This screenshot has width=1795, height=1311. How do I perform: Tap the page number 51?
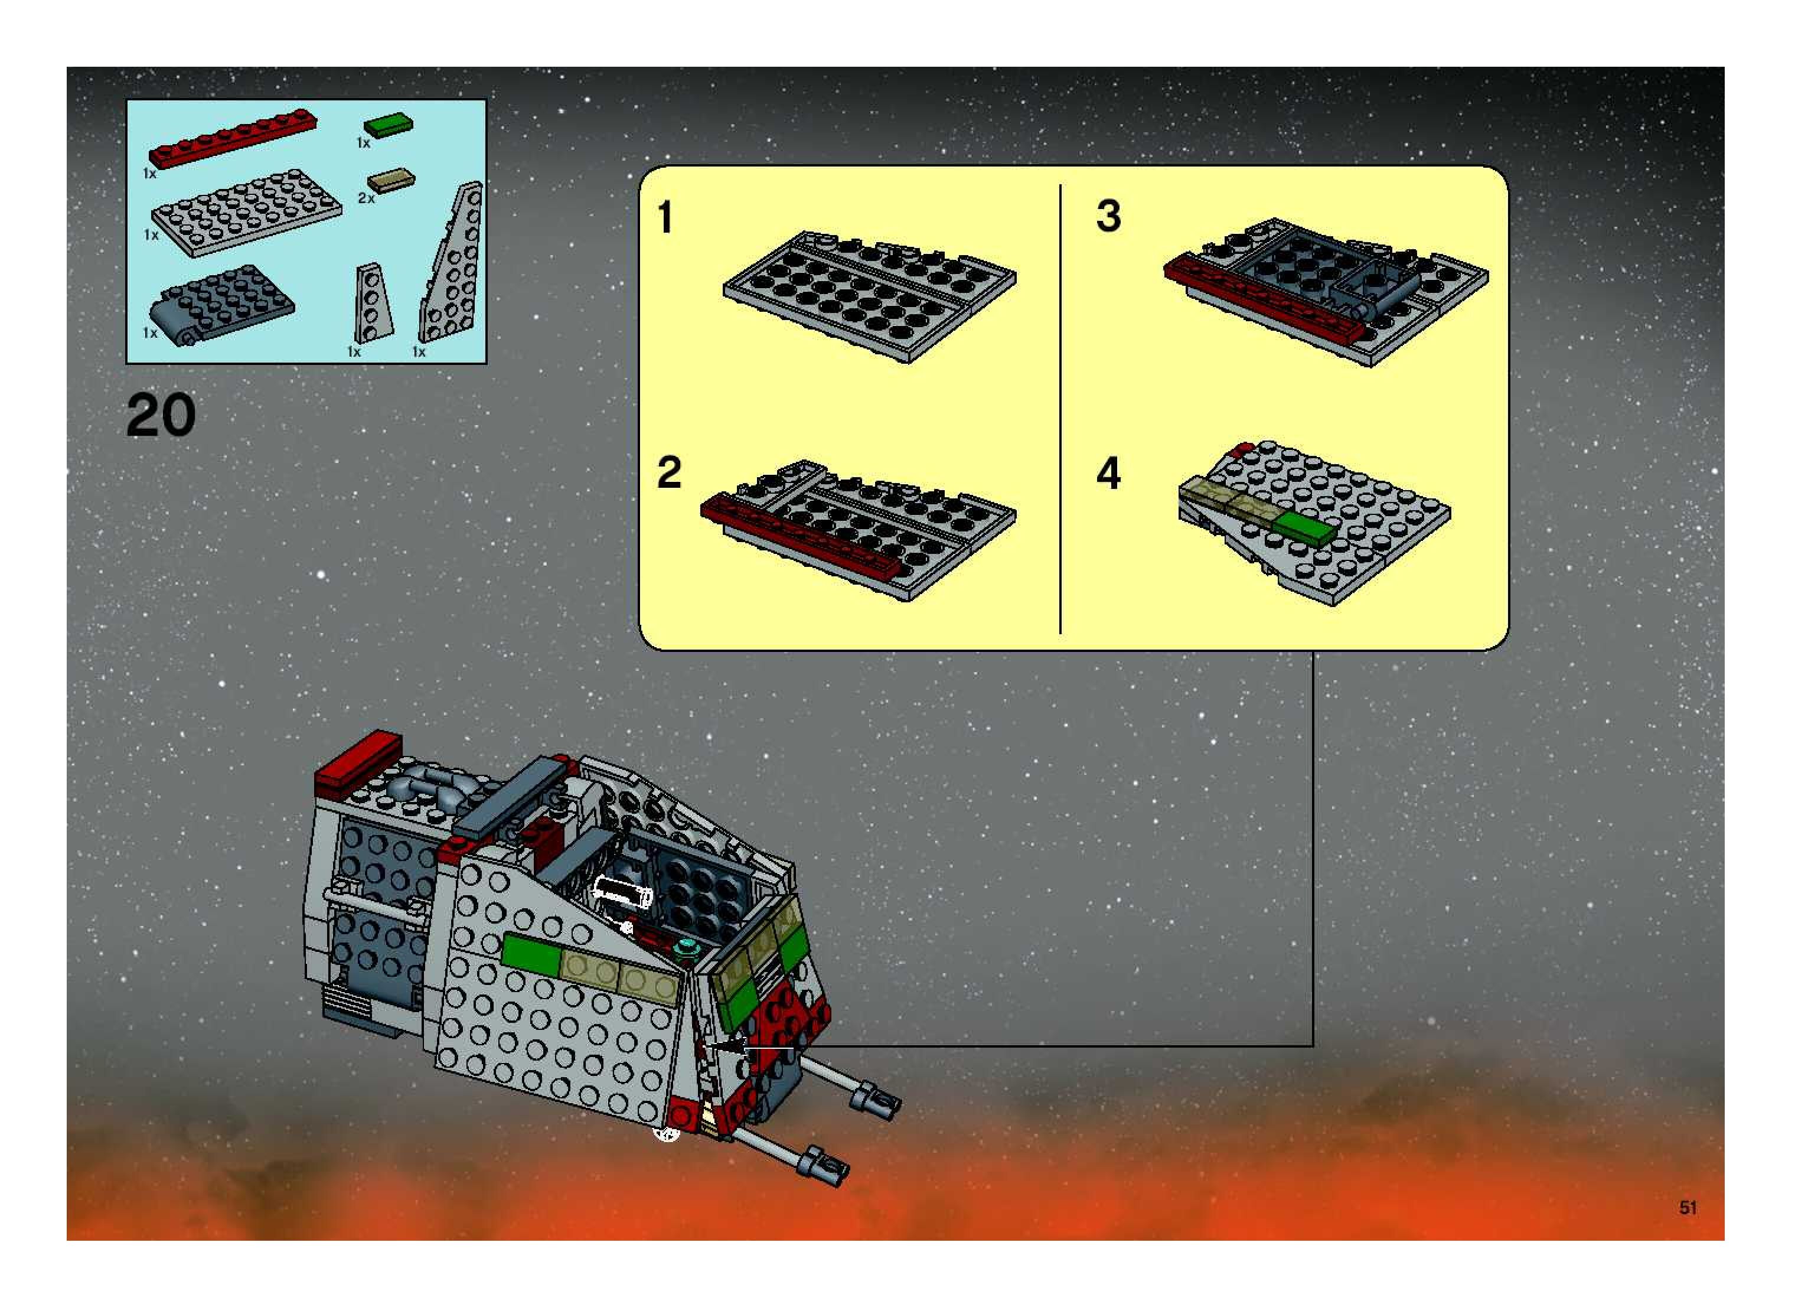tap(1688, 1207)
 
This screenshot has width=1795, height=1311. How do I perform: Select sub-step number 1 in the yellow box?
tap(665, 217)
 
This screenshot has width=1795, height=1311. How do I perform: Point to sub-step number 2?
tap(668, 473)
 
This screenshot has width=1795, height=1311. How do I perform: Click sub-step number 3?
tap(1108, 216)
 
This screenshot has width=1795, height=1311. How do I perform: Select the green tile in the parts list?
tap(388, 125)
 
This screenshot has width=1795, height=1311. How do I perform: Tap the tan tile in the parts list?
tap(391, 181)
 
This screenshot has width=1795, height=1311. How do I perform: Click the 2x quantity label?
tap(366, 198)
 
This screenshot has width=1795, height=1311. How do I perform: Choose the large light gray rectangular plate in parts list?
tap(246, 213)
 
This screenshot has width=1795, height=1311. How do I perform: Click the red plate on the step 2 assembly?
tap(800, 538)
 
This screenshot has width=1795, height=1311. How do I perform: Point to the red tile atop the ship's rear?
tap(358, 764)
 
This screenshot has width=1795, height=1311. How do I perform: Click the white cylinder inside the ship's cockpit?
tap(623, 894)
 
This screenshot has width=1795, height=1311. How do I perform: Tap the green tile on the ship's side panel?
tap(530, 955)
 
